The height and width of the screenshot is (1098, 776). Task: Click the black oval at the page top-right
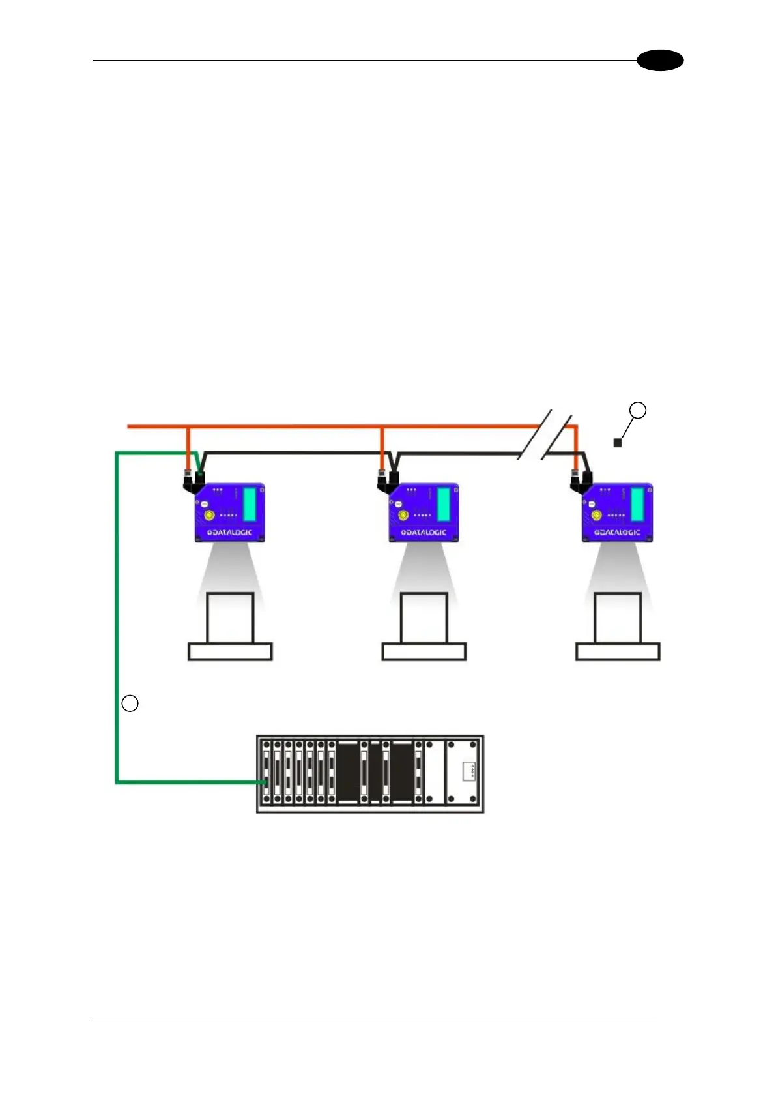click(x=660, y=61)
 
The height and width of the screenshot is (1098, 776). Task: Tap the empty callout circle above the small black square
click(x=638, y=410)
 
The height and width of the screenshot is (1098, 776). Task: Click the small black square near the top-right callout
click(x=618, y=443)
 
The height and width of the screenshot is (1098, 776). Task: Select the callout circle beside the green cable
click(x=130, y=704)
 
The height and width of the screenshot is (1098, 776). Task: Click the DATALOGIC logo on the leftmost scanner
click(x=230, y=533)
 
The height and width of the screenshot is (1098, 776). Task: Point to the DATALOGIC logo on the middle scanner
click(x=424, y=533)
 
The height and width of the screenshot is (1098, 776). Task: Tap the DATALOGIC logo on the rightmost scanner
click(x=617, y=533)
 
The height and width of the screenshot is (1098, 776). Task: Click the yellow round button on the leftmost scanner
click(x=209, y=515)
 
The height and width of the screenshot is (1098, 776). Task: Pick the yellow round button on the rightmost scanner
click(x=596, y=515)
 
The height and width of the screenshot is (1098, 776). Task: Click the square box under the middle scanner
click(x=424, y=617)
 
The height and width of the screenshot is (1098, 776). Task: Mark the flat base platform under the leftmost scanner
click(x=230, y=651)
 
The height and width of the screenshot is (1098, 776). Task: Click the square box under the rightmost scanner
click(x=618, y=617)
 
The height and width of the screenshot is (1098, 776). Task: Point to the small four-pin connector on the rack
click(x=468, y=771)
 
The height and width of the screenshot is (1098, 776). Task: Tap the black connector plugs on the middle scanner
click(x=388, y=481)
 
